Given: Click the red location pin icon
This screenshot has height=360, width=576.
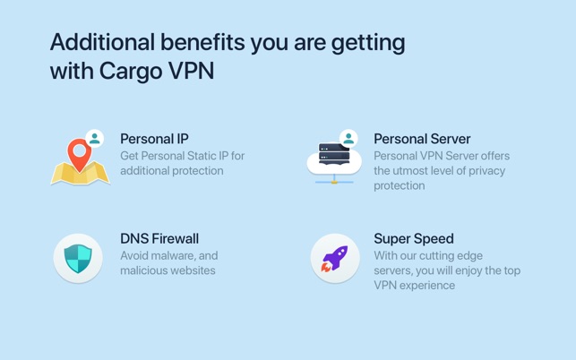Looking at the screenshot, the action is point(79,154).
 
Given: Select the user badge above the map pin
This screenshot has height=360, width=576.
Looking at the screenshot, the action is point(95,139).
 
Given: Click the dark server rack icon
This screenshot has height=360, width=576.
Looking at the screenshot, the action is point(334,153).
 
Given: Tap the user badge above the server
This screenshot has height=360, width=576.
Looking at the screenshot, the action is point(348,139).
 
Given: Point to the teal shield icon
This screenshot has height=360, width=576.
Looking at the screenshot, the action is point(78,259).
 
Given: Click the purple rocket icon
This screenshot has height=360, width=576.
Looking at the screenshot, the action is point(334,259).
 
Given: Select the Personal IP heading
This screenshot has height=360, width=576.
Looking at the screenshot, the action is point(154,139).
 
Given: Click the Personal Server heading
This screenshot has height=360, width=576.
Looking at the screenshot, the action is point(422,139).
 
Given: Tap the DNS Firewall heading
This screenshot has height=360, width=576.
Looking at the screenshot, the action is point(159,239).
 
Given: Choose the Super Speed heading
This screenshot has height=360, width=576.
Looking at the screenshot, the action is point(414,239).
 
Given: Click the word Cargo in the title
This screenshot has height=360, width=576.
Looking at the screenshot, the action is point(131,71).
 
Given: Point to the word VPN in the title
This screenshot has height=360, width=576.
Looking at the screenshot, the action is point(191,71).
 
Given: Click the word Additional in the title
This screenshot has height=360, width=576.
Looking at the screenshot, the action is point(102,42).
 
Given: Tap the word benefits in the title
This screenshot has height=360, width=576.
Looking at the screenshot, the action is point(202,42).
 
